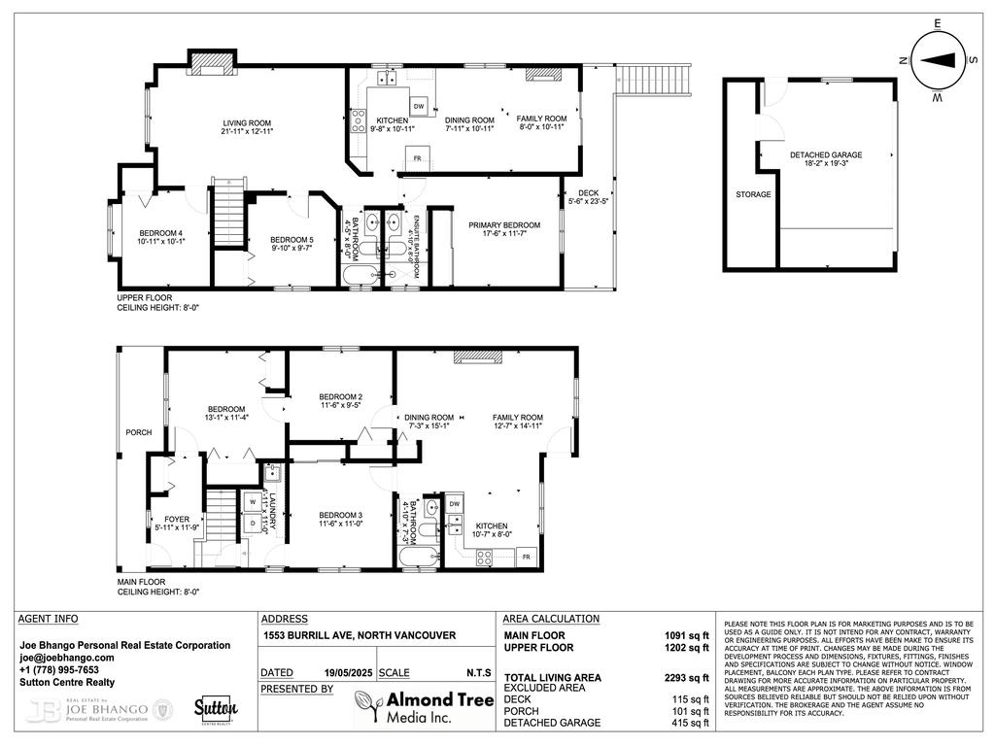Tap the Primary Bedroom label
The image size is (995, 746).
pyautogui.click(x=503, y=225)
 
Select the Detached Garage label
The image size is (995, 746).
pyautogui.click(x=825, y=154)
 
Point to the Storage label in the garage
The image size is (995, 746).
pyautogui.click(x=753, y=194)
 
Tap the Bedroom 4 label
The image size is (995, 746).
pyautogui.click(x=161, y=233)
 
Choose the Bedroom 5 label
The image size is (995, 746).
pyautogui.click(x=292, y=240)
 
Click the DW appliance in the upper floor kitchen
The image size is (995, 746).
pyautogui.click(x=419, y=106)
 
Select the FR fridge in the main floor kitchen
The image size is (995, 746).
pyautogui.click(x=526, y=557)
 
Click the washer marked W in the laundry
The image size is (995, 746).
pyautogui.click(x=252, y=502)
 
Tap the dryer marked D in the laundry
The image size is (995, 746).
pyautogui.click(x=252, y=524)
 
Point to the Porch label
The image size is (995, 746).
pyautogui.click(x=138, y=432)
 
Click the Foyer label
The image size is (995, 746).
pyautogui.click(x=176, y=519)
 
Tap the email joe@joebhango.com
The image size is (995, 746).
pyautogui.click(x=67, y=658)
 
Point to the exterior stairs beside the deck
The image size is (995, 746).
pyautogui.click(x=655, y=78)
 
